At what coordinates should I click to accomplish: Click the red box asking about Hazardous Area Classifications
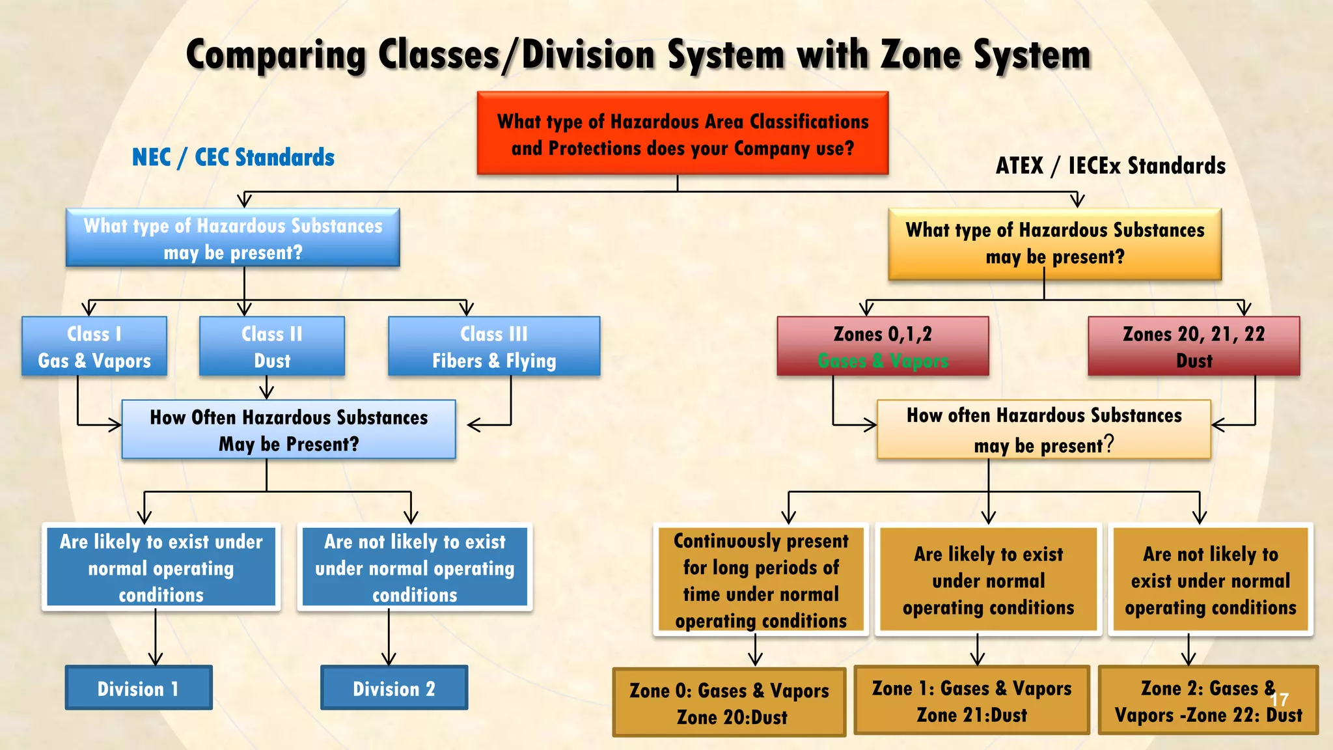pyautogui.click(x=682, y=133)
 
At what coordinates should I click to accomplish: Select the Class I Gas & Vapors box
pyautogui.click(x=94, y=346)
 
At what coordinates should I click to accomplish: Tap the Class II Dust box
pyautogui.click(x=271, y=346)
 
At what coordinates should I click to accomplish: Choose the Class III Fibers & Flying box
pyautogui.click(x=494, y=346)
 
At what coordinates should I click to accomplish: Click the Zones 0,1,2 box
pyautogui.click(x=883, y=346)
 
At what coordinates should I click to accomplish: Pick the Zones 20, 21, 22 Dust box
pyautogui.click(x=1194, y=346)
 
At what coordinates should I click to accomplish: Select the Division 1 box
pyautogui.click(x=139, y=687)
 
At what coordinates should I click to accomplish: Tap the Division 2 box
pyautogui.click(x=394, y=687)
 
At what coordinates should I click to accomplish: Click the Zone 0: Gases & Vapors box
pyautogui.click(x=729, y=702)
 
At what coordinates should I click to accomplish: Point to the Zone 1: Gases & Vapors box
pyautogui.click(x=971, y=701)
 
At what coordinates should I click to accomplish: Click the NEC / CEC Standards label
pyautogui.click(x=233, y=158)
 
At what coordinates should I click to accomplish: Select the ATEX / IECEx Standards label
pyautogui.click(x=1110, y=166)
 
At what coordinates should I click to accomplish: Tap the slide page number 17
pyautogui.click(x=1279, y=700)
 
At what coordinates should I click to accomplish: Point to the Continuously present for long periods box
pyautogui.click(x=761, y=579)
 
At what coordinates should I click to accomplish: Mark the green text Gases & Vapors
pyautogui.click(x=883, y=361)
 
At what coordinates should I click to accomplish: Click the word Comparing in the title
pyautogui.click(x=276, y=55)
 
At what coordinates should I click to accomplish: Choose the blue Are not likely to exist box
pyautogui.click(x=415, y=567)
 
